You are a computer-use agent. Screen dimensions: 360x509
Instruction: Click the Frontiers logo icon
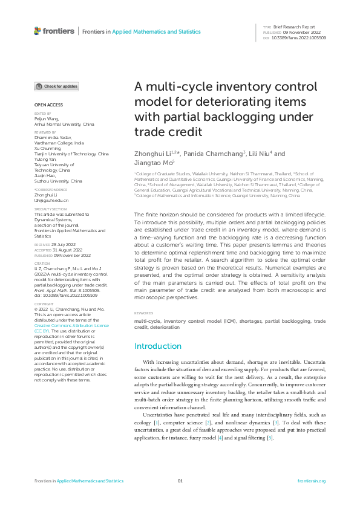pos(38,31)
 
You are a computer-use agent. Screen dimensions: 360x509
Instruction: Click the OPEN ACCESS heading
pos(48,105)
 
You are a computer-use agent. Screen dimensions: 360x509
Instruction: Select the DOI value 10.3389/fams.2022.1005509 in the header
pos(299,37)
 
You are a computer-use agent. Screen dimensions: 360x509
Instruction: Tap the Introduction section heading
pos(157,346)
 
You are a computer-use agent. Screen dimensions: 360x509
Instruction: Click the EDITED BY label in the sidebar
pos(42,114)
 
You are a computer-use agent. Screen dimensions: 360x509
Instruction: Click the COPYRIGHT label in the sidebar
pos(43,304)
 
